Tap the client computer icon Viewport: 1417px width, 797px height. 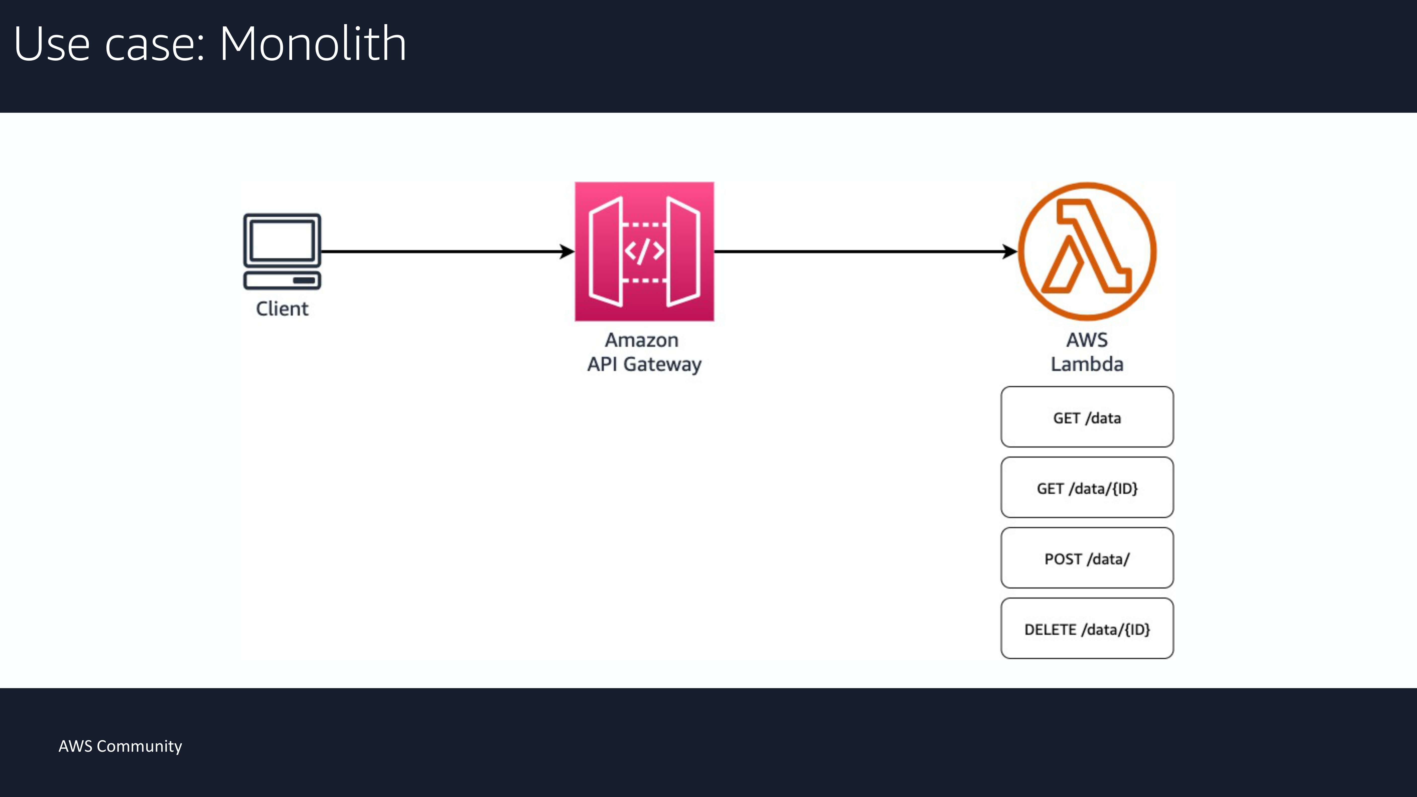click(x=282, y=251)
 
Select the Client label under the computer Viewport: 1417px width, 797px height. click(x=282, y=309)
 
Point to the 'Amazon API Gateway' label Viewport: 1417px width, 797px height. click(x=644, y=352)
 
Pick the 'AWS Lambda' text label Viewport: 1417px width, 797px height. click(x=1087, y=352)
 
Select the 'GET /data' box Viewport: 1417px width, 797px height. click(x=1087, y=417)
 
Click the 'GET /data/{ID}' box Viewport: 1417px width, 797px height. click(x=1087, y=487)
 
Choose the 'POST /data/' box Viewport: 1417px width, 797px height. click(x=1087, y=558)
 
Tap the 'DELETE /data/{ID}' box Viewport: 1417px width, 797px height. click(x=1087, y=628)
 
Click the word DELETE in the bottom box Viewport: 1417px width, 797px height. click(x=1050, y=629)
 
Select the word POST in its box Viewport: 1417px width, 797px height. click(x=1063, y=559)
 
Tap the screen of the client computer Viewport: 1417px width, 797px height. click(x=282, y=240)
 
